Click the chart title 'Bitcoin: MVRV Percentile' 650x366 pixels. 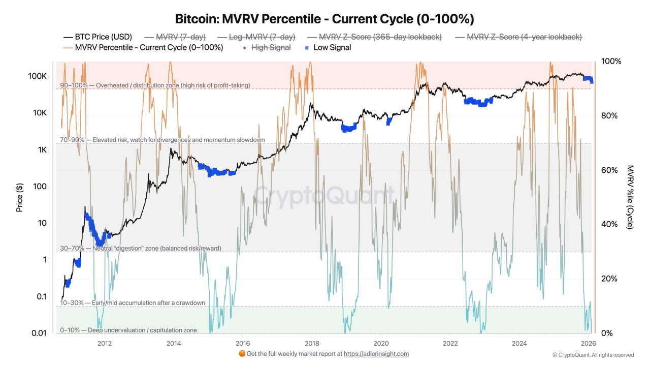[x=324, y=19]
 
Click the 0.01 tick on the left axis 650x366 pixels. [x=39, y=333]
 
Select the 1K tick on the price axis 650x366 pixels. [x=42, y=150]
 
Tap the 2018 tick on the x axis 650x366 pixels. [x=312, y=343]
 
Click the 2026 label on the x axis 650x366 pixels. [x=588, y=343]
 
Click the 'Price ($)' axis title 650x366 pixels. [x=19, y=198]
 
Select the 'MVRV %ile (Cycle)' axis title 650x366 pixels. [x=630, y=197]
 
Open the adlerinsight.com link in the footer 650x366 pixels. [x=376, y=354]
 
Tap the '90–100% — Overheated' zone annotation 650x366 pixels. [x=155, y=85]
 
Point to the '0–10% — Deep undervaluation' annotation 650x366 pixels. [x=128, y=330]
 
